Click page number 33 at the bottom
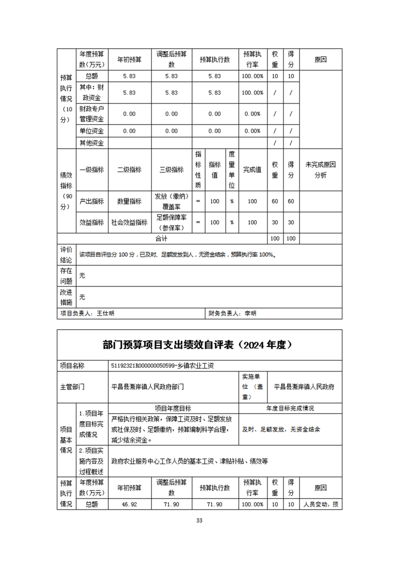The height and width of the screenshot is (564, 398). tap(199, 520)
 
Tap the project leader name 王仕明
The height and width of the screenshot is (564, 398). tap(105, 313)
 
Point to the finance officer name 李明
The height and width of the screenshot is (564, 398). tap(250, 313)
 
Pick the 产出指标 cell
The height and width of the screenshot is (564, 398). tap(91, 201)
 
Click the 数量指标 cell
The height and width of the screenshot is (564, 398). tap(129, 201)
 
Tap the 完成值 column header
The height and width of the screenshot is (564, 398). tap(252, 169)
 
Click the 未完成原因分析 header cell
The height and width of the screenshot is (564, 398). tap(320, 169)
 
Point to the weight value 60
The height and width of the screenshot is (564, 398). tap(275, 201)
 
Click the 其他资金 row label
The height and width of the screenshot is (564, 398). tap(91, 143)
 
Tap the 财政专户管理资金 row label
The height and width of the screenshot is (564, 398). tap(91, 114)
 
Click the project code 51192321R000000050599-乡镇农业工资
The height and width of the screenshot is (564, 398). tap(165, 365)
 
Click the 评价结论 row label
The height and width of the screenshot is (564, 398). tap(66, 254)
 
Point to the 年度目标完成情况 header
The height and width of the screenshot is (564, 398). tap(290, 408)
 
